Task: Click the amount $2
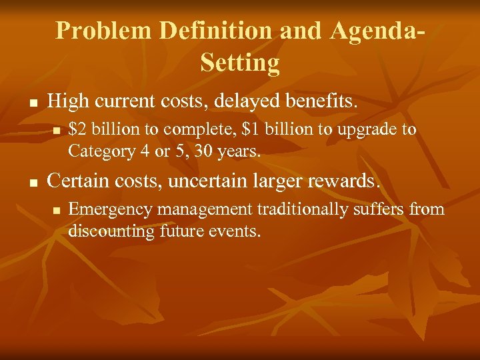point(77,129)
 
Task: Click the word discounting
point(111,231)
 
